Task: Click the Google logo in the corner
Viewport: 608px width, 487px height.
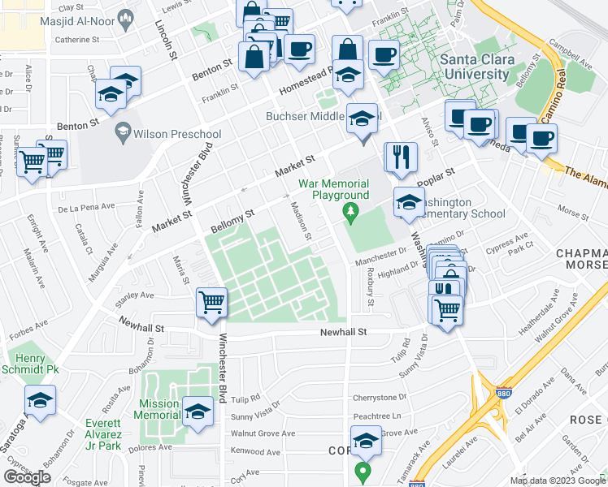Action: pyautogui.click(x=27, y=477)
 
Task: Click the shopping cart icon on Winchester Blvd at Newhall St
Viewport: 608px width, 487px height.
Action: pyautogui.click(x=212, y=304)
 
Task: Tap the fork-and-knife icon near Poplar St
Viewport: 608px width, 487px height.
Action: pyautogui.click(x=399, y=157)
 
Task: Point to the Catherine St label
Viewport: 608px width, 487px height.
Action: pyautogui.click(x=77, y=38)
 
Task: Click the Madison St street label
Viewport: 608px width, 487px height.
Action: pyautogui.click(x=301, y=221)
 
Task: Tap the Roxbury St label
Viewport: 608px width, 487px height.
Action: pyautogui.click(x=371, y=287)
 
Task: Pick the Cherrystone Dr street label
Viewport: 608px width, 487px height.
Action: pyautogui.click(x=379, y=398)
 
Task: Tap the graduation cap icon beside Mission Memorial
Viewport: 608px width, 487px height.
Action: pyautogui.click(x=197, y=410)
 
